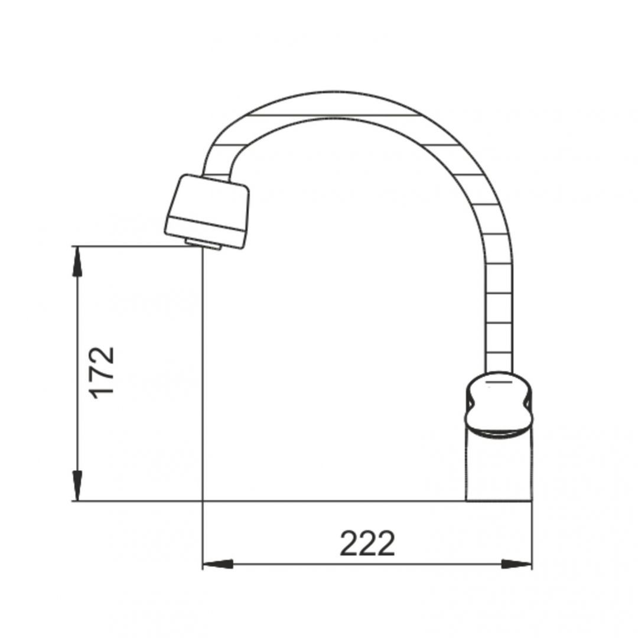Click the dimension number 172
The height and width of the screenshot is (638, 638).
coord(102,372)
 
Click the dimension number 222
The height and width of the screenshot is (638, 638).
coord(367,543)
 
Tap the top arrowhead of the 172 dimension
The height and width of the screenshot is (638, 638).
coord(77,262)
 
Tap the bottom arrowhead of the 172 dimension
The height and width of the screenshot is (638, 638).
coord(77,486)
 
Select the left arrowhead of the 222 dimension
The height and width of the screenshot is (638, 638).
coord(217,564)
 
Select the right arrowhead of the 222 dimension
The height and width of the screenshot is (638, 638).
coord(516,564)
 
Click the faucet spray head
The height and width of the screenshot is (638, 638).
coord(207,211)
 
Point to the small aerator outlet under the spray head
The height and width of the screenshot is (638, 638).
coord(203,244)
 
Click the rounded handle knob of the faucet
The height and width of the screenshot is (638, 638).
coord(499,405)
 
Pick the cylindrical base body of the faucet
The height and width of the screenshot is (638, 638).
coord(499,468)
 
